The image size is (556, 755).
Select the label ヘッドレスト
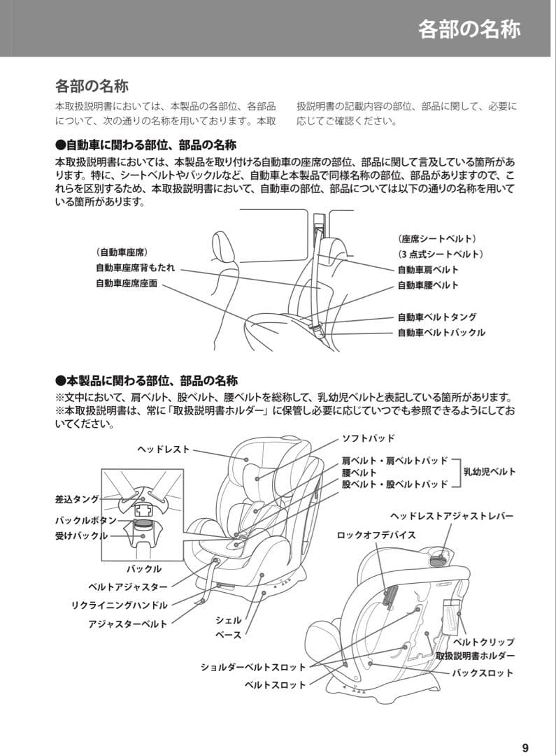pyautogui.click(x=163, y=450)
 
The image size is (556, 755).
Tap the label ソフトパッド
pyautogui.click(x=368, y=438)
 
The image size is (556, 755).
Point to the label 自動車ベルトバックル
pyautogui.click(x=441, y=333)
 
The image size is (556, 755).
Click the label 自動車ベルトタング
pyautogui.click(x=437, y=317)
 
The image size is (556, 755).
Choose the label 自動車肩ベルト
pyautogui.click(x=428, y=269)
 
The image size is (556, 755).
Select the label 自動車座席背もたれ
pyautogui.click(x=135, y=268)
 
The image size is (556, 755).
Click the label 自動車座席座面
pyautogui.click(x=127, y=284)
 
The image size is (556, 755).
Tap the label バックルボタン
pyautogui.click(x=81, y=521)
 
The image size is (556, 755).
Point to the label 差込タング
pyautogui.click(x=77, y=499)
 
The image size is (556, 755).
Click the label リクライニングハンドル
pyautogui.click(x=120, y=605)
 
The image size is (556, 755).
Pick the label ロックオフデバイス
pyautogui.click(x=376, y=535)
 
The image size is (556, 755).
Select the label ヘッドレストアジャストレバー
pyautogui.click(x=451, y=516)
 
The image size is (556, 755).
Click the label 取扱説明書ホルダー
pyautogui.click(x=475, y=656)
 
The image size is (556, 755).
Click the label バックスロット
pyautogui.click(x=482, y=673)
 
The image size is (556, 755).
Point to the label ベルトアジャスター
pyautogui.click(x=127, y=587)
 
